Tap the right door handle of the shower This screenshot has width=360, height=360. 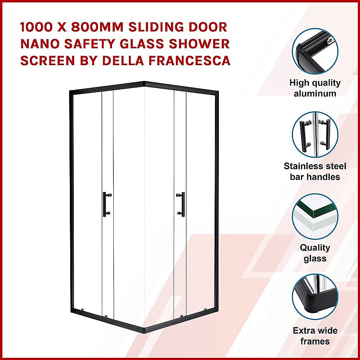pyautogui.click(x=183, y=204)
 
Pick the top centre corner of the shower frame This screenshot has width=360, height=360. pyautogui.click(x=144, y=84)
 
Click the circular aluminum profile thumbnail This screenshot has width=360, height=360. pyautogui.click(x=315, y=51)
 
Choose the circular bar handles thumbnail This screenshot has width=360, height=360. pyautogui.click(x=315, y=134)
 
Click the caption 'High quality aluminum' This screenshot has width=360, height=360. pyautogui.click(x=315, y=88)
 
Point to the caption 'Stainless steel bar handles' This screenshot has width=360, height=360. pyautogui.click(x=315, y=171)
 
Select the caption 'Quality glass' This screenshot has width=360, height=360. pyautogui.click(x=315, y=253)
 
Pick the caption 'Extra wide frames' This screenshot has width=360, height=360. pyautogui.click(x=315, y=336)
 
